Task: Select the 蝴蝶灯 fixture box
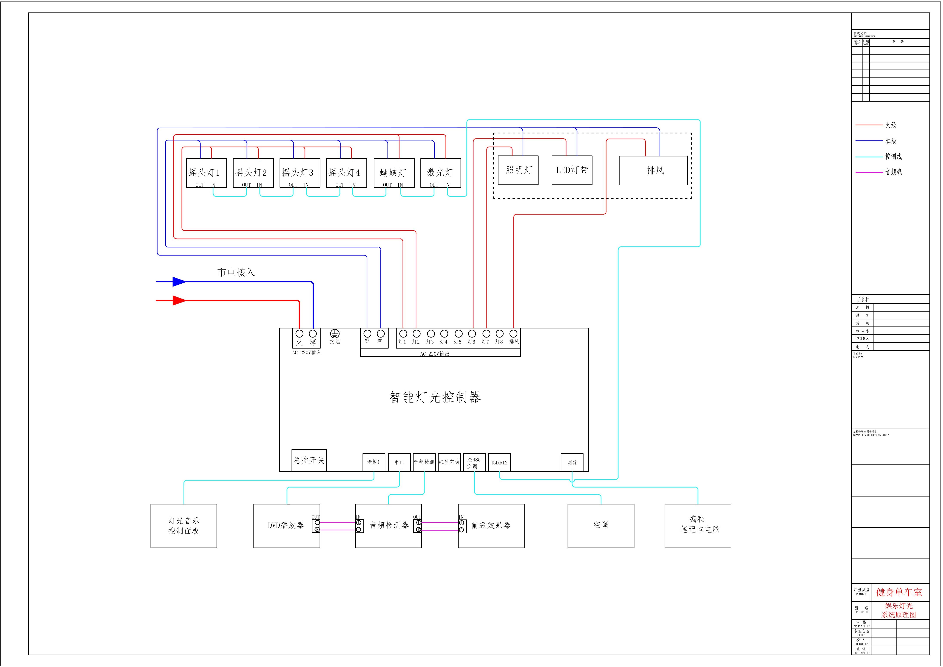[394, 173]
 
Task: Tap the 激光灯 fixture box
[440, 173]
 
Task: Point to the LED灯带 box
[572, 170]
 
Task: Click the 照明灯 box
[518, 170]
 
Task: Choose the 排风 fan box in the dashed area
[653, 170]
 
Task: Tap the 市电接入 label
[236, 272]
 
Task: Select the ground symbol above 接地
[335, 334]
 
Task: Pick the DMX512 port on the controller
[499, 462]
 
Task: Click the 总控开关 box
[309, 460]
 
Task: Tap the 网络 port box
[572, 462]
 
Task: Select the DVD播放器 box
[286, 526]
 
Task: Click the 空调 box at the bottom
[600, 526]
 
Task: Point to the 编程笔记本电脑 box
[697, 526]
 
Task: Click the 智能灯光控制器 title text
[435, 397]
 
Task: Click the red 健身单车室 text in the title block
[899, 592]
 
